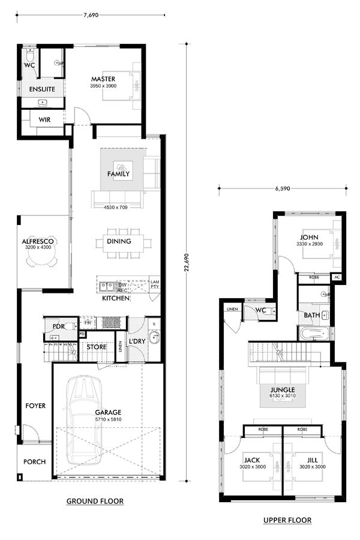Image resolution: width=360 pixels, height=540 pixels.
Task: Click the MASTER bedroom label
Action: (x=103, y=79)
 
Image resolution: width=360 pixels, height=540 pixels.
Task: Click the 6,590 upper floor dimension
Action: (x=283, y=188)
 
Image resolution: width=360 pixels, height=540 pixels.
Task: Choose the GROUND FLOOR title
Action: (x=95, y=501)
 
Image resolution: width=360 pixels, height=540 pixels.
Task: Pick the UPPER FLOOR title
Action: (x=287, y=520)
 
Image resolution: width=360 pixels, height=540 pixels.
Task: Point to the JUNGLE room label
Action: (x=282, y=389)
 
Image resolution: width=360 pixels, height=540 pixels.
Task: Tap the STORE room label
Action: (x=96, y=347)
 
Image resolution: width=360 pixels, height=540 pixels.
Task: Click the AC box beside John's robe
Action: (x=337, y=278)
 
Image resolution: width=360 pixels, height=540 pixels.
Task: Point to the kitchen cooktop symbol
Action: (x=111, y=322)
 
